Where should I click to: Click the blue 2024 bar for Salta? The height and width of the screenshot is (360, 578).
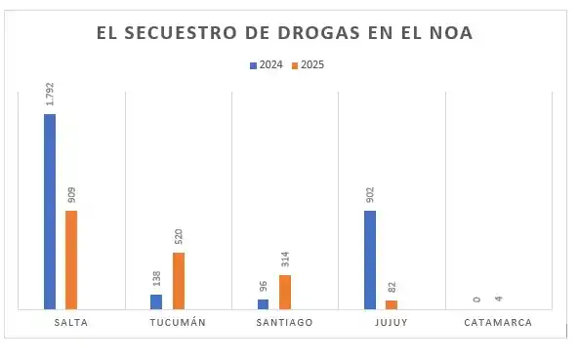(50, 211)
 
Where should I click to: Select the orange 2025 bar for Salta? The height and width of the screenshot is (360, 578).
(71, 260)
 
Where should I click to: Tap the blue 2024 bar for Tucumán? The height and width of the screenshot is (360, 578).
(156, 301)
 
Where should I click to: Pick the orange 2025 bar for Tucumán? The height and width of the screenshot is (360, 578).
(178, 281)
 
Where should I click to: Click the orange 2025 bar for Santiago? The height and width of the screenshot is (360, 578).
(285, 292)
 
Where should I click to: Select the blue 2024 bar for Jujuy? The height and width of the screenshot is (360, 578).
(370, 260)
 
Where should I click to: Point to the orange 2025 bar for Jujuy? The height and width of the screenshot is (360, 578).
(392, 304)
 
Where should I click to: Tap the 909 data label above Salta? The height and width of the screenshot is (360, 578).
(71, 193)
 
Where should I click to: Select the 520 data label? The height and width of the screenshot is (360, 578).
(178, 236)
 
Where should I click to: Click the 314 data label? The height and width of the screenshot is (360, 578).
(285, 259)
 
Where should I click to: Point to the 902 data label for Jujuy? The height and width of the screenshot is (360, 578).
(370, 193)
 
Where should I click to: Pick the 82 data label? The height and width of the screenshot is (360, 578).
(392, 288)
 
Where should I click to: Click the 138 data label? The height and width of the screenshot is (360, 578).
(156, 279)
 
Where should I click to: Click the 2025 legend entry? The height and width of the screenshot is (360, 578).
(308, 65)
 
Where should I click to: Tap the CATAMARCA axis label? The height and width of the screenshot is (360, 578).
(498, 323)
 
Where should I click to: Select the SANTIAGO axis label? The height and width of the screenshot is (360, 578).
(285, 323)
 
